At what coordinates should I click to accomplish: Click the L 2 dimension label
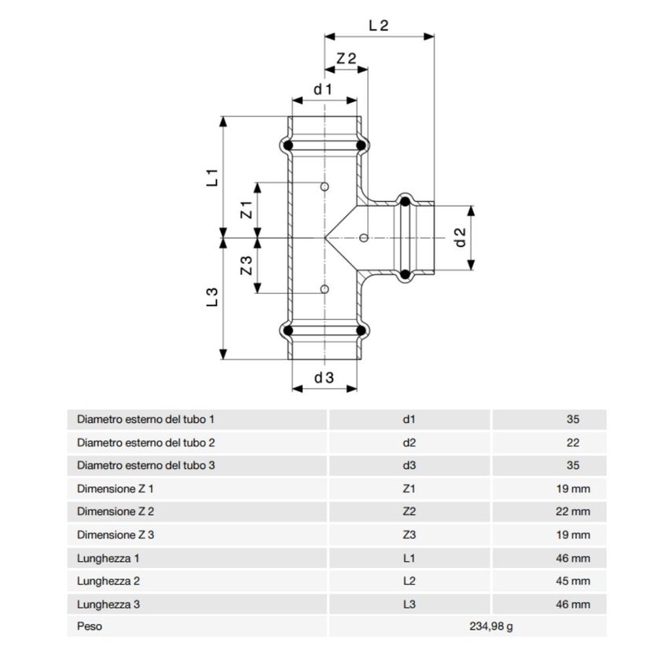click(379, 24)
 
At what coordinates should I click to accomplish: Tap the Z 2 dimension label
click(346, 59)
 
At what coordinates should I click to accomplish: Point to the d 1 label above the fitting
click(324, 90)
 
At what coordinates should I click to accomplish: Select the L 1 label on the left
click(212, 178)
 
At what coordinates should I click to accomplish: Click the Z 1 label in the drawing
click(245, 210)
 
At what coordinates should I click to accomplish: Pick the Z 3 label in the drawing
click(245, 266)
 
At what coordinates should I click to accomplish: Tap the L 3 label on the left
click(212, 297)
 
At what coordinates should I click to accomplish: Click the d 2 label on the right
click(461, 237)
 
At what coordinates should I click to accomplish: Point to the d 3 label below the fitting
click(324, 378)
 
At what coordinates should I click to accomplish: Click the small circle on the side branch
click(363, 237)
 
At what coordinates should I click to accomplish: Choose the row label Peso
click(90, 627)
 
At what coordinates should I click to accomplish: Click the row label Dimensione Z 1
click(116, 489)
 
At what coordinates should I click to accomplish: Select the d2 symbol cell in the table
click(409, 442)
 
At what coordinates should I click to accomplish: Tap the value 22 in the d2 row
click(572, 442)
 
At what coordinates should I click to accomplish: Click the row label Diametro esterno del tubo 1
click(145, 420)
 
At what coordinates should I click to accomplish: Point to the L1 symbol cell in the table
click(409, 558)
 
